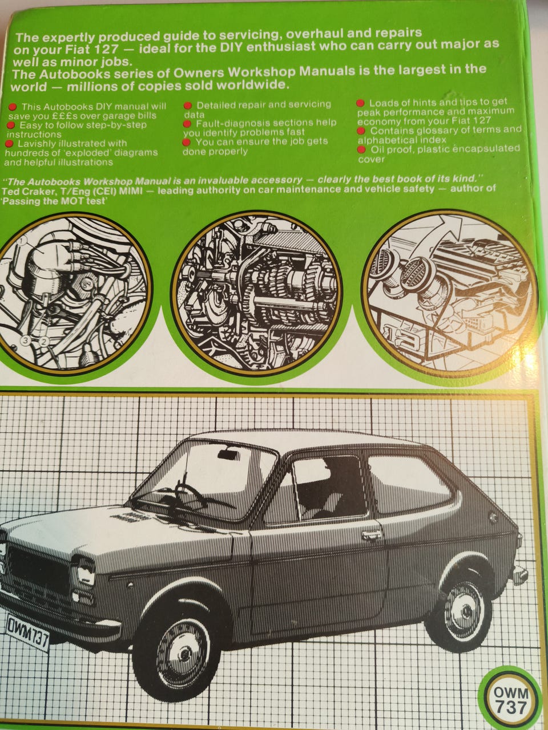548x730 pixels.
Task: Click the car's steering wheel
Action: (x=189, y=493)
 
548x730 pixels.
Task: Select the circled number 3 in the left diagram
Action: (x=27, y=340)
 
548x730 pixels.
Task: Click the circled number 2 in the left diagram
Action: (x=44, y=341)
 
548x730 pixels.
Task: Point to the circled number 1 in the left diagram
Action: (x=22, y=241)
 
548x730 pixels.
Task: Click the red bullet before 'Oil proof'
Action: (x=361, y=149)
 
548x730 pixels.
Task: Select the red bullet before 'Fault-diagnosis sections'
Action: (x=187, y=124)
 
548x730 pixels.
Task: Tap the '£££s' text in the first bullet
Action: (x=65, y=116)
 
